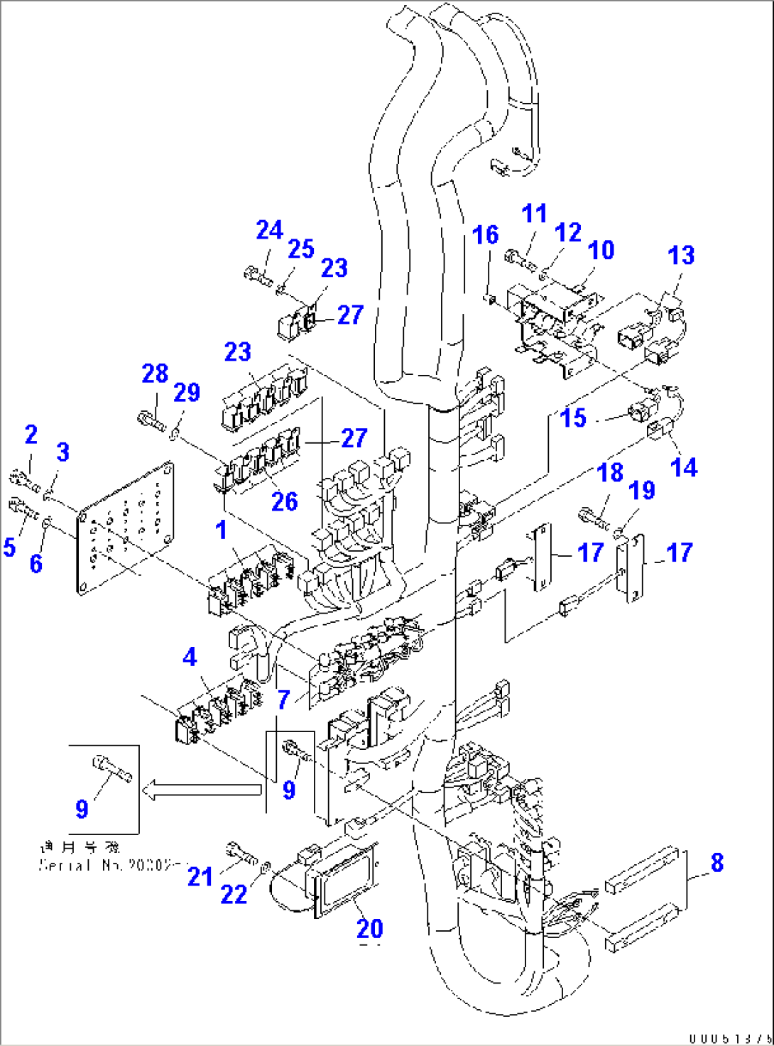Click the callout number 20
click(369, 928)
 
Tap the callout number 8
click(717, 863)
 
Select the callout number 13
click(682, 256)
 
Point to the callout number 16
click(486, 235)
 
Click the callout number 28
click(155, 374)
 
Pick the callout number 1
click(222, 530)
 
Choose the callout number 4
click(190, 658)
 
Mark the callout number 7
click(283, 700)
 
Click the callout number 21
click(200, 877)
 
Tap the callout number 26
click(285, 501)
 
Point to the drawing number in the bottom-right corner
click(730, 1038)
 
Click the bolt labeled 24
click(257, 274)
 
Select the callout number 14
click(684, 467)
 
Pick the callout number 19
click(642, 490)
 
